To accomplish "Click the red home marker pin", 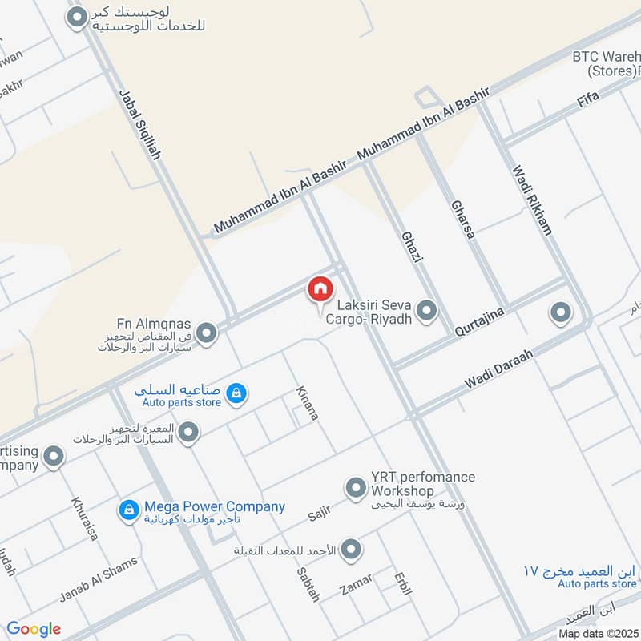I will click(320, 289).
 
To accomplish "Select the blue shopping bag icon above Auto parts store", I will click(236, 393).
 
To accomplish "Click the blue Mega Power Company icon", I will click(128, 510).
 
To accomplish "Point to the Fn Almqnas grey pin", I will click(207, 333).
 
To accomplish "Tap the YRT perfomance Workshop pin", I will click(355, 486).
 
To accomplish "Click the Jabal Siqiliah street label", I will click(139, 123).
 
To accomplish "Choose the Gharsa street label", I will click(463, 219).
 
